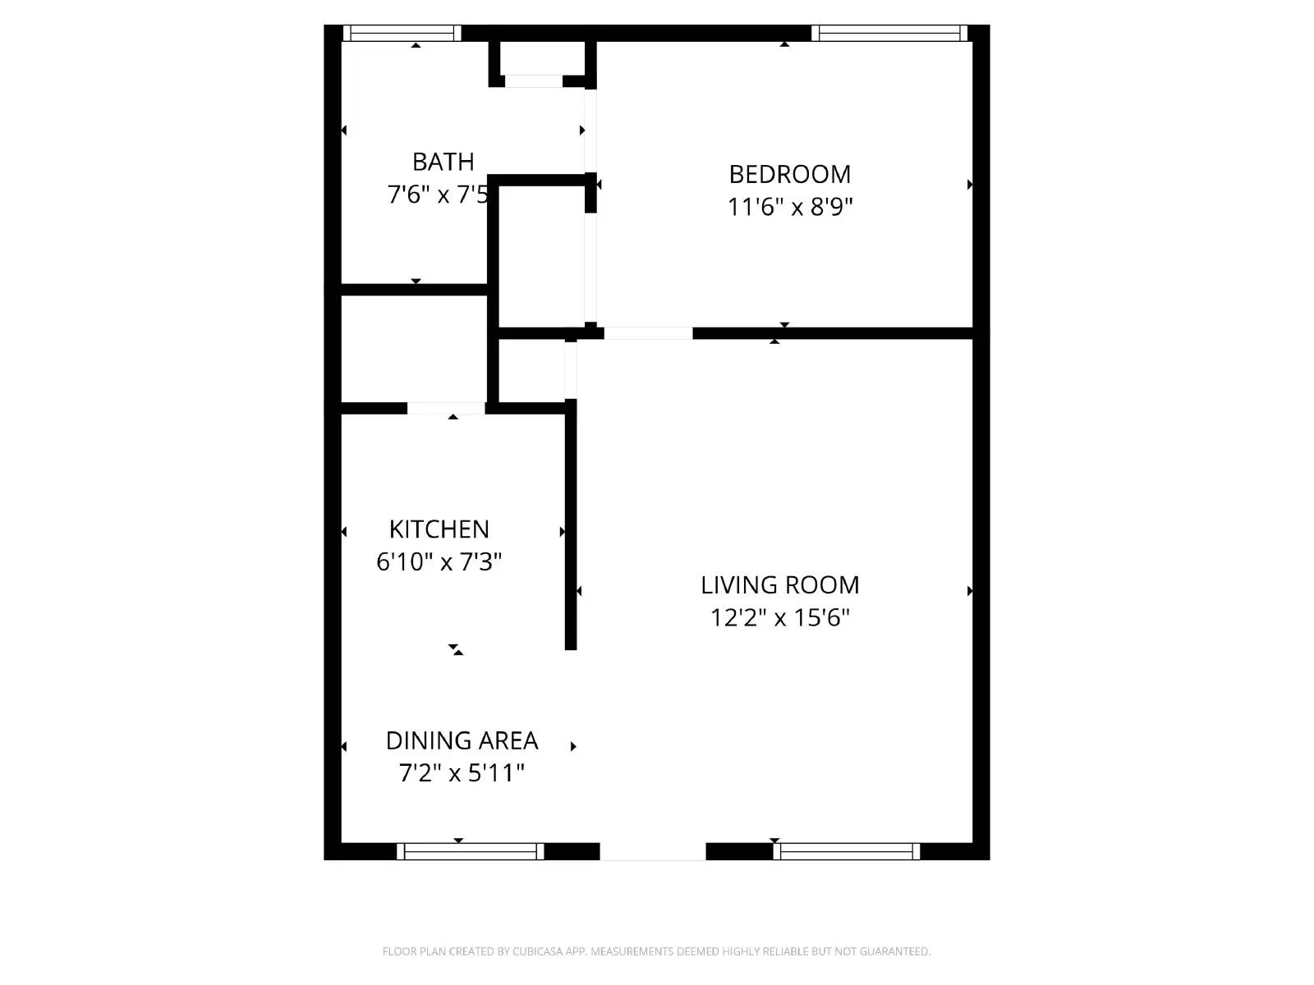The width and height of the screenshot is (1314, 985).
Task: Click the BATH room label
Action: (443, 162)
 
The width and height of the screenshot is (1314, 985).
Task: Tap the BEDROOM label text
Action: (790, 174)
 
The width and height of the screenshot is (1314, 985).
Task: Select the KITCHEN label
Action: (439, 529)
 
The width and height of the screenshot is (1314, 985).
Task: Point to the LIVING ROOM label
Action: (779, 585)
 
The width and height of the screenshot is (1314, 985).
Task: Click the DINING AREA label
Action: (462, 740)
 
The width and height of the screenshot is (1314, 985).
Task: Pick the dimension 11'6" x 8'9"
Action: (790, 207)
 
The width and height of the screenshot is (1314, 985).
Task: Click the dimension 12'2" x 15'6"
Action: (779, 617)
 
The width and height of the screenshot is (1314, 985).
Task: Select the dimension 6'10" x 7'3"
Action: (439, 562)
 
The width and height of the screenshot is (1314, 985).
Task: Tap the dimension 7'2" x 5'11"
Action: (462, 773)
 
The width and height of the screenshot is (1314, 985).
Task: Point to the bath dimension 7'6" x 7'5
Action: (439, 195)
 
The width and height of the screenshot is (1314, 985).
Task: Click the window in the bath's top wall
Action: (402, 34)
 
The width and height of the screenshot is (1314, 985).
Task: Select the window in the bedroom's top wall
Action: (889, 34)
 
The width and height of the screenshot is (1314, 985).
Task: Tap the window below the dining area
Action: (471, 851)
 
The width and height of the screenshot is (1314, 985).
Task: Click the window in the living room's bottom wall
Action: (846, 851)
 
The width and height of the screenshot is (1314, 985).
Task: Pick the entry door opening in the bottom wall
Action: (653, 851)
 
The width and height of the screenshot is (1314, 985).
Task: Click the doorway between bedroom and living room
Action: (648, 333)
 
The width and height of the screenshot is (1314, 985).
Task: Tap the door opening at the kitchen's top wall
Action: (446, 408)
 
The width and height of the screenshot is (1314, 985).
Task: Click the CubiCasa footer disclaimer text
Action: (656, 951)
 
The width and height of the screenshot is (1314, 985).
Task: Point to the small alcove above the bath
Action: (534, 59)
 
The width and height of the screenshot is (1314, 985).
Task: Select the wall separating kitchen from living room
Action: (571, 525)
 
